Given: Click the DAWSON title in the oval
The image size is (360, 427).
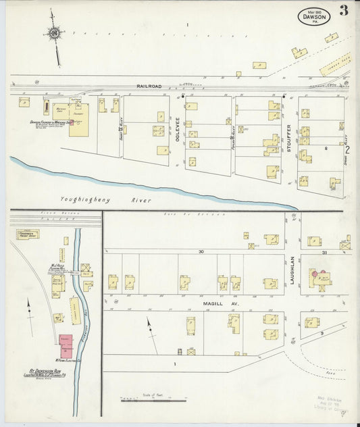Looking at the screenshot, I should [314, 16].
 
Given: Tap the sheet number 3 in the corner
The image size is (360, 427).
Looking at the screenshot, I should [344, 10].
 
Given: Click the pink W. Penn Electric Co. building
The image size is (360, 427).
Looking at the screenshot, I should [67, 345].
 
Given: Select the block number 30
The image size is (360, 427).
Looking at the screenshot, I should [201, 251].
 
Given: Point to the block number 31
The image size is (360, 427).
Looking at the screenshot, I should [324, 252].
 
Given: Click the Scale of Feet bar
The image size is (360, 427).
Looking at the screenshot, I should [153, 400].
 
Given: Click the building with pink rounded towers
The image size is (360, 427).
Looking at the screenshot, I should [319, 278].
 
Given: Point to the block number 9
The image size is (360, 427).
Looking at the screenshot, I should [322, 333].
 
